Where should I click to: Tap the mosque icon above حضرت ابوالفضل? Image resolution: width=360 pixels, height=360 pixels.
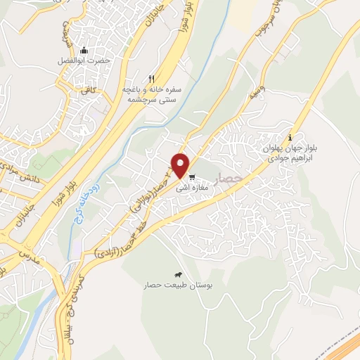(x=84, y=50)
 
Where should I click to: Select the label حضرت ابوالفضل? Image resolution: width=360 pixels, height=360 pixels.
(x=84, y=60)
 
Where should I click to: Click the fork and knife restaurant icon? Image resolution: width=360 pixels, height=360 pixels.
(x=150, y=79)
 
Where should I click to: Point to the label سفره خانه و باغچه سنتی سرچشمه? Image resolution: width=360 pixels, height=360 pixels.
(x=150, y=95)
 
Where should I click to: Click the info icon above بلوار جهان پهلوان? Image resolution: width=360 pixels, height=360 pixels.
(x=291, y=138)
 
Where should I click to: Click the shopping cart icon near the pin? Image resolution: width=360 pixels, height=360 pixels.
(x=192, y=176)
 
